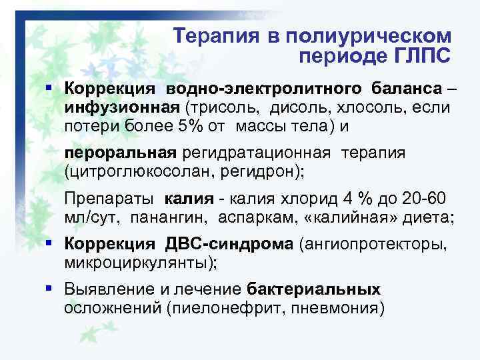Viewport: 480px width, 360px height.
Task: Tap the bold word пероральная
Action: point(121,153)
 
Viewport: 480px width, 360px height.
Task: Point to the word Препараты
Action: point(107,199)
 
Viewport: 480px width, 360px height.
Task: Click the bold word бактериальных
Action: point(313,289)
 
